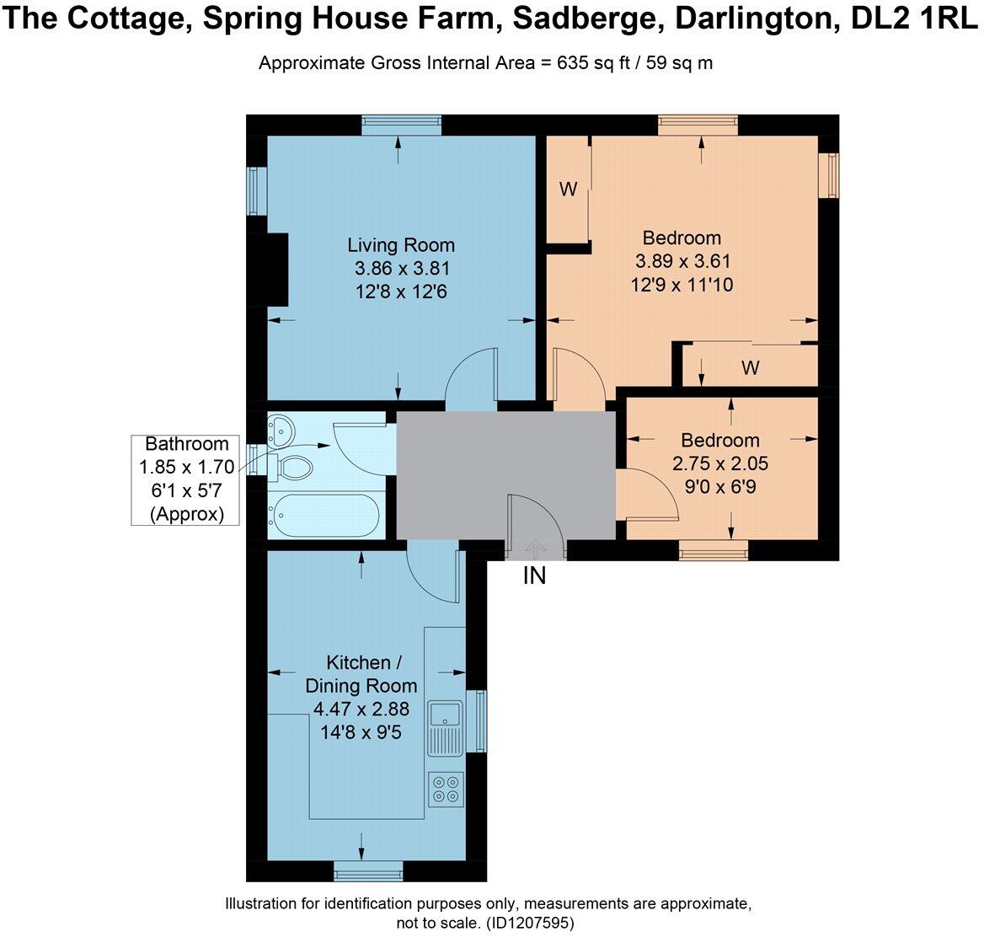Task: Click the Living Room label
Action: (401, 245)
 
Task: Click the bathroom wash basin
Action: (280, 430)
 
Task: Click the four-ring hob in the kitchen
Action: (446, 789)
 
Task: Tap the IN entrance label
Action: (535, 576)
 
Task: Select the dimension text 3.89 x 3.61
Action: (682, 261)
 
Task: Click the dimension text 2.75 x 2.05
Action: (720, 463)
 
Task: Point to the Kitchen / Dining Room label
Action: (361, 673)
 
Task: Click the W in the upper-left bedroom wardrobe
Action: (569, 190)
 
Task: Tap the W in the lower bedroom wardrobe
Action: (750, 367)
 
